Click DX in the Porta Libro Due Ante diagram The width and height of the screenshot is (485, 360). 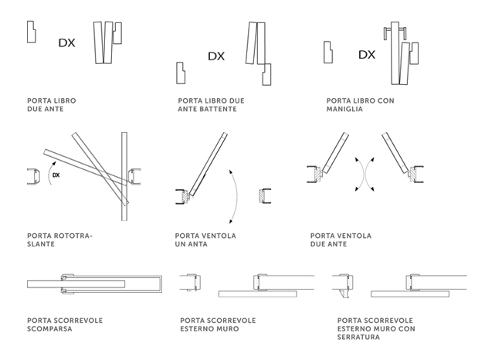coord(67,43)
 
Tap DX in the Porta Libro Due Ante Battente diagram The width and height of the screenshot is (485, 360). coord(216,56)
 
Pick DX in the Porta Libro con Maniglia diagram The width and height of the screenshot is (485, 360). coord(367,55)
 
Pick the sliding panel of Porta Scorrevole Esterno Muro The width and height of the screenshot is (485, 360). coord(257,294)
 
